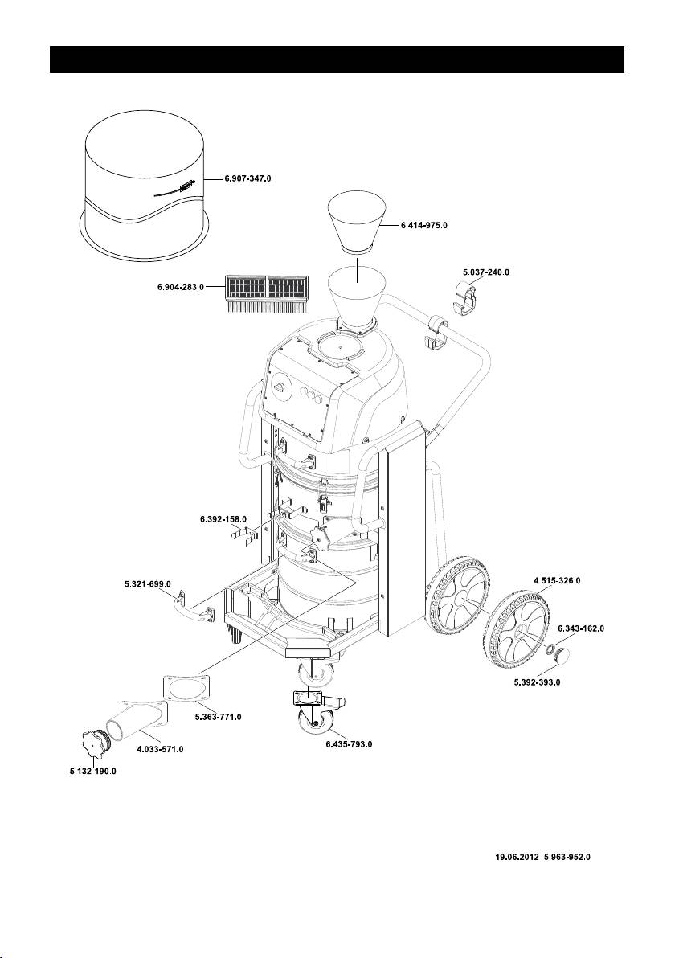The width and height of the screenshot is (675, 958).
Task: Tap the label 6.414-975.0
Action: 423,227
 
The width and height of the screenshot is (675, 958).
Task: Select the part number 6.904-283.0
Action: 181,287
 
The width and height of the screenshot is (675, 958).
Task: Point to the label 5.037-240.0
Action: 485,272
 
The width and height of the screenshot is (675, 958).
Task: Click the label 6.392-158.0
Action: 223,520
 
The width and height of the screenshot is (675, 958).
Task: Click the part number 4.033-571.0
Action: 160,749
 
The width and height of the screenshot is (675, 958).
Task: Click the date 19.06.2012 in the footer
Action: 516,857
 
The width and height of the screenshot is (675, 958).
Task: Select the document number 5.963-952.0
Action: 567,857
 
